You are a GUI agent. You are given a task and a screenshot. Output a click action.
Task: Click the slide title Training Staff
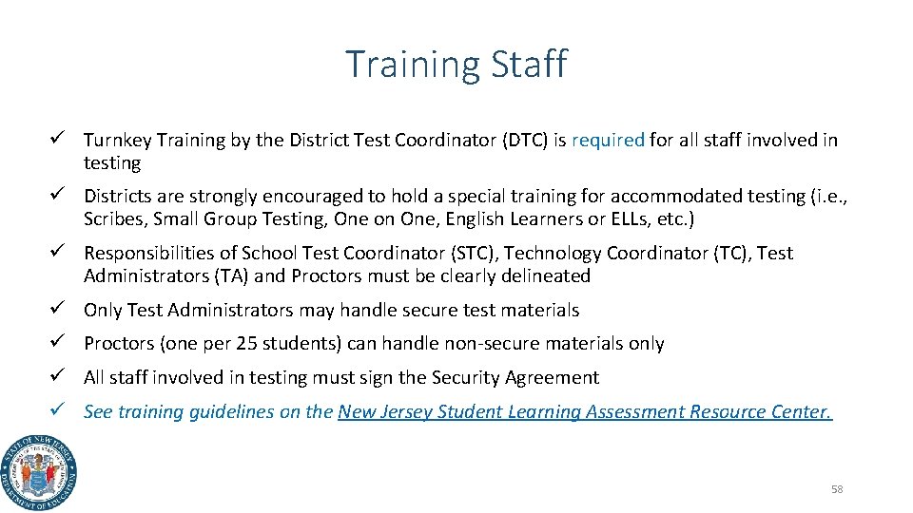(456, 65)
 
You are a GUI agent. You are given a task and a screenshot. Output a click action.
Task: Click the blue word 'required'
(608, 141)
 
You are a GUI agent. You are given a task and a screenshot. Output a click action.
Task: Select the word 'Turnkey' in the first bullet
(117, 141)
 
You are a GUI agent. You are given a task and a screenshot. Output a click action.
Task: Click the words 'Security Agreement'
(515, 378)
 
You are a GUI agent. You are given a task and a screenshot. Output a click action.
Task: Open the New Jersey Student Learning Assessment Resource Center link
(585, 412)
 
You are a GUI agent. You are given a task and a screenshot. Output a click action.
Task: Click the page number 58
(837, 489)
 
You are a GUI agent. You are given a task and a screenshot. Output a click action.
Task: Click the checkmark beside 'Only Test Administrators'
(58, 310)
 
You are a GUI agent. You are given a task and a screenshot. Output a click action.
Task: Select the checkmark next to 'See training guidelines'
(58, 411)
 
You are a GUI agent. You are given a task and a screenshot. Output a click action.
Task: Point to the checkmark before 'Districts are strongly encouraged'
(58, 196)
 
